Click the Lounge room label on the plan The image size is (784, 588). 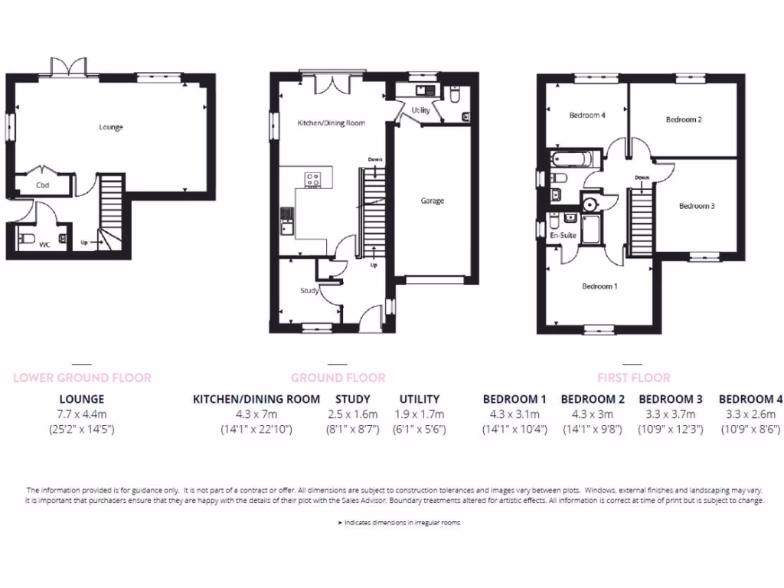point(110,127)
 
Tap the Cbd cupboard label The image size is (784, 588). point(43,185)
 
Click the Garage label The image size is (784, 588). point(432,201)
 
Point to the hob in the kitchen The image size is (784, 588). point(313,180)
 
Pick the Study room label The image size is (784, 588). point(309,291)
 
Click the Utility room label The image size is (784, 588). point(420,110)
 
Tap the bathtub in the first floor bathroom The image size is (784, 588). point(571,159)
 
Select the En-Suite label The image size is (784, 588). point(563,235)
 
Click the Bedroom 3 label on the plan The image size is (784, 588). point(696,206)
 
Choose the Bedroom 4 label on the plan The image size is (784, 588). point(587,116)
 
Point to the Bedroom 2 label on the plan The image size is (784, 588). point(684,119)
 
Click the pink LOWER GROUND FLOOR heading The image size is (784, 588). point(82,377)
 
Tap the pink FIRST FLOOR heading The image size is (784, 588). point(633,377)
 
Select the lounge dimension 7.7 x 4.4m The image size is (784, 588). point(82,414)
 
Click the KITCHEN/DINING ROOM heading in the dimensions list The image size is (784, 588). point(256,399)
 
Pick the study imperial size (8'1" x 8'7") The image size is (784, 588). point(353,430)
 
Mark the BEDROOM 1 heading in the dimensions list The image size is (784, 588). point(514,399)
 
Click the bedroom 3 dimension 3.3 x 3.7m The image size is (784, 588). point(671,414)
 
